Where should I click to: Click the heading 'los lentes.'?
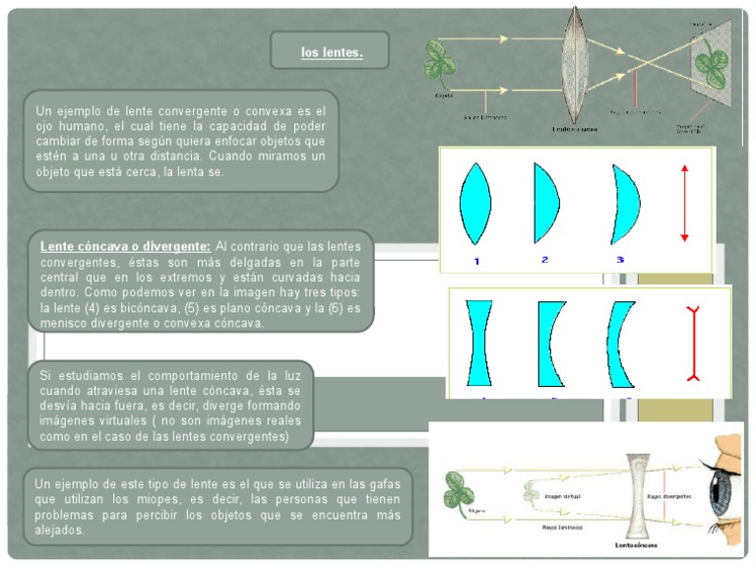click(x=332, y=52)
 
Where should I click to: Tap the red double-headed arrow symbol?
click(x=684, y=205)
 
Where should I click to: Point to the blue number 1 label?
click(x=475, y=261)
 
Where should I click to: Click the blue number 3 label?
click(x=620, y=260)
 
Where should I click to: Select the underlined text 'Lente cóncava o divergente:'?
click(x=125, y=245)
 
